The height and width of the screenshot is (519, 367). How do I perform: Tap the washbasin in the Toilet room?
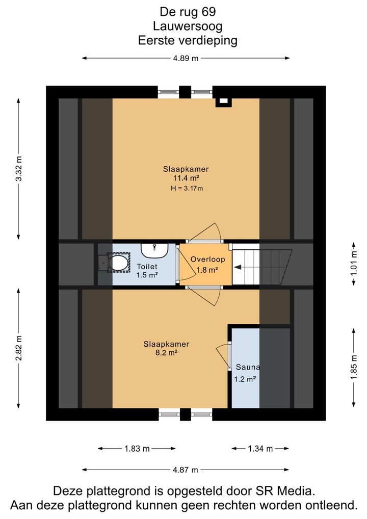tap(154, 250)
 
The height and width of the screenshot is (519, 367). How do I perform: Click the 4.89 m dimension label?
tap(186, 58)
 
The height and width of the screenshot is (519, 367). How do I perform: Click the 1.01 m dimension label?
tap(354, 264)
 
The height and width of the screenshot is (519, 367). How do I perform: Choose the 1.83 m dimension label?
tap(137, 449)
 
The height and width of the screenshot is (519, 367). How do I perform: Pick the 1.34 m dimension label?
tap(260, 449)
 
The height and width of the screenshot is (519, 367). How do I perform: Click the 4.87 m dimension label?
tap(186, 470)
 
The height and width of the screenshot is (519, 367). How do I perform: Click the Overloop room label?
tap(208, 259)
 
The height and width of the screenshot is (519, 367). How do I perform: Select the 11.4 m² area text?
tap(186, 178)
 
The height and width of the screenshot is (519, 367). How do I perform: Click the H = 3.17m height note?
tap(187, 188)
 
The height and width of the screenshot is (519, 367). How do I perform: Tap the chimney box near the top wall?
tap(223, 101)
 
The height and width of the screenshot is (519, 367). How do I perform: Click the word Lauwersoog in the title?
tap(188, 26)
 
